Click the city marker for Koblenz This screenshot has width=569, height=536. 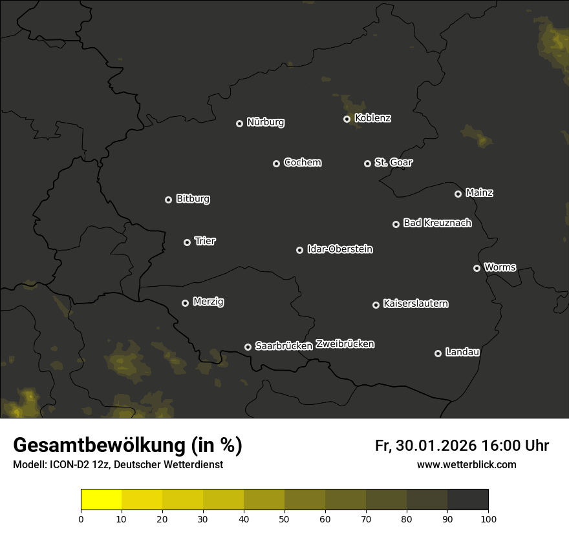[x=347, y=119]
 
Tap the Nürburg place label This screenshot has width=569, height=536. [x=265, y=122]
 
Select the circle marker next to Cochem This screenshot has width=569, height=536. [x=276, y=163]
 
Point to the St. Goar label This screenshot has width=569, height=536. [x=393, y=162]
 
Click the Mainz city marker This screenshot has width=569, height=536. [x=458, y=194]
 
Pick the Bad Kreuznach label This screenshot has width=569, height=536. [x=437, y=223]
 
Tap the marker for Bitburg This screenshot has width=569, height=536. [x=168, y=200]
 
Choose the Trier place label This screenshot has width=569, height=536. [x=205, y=241]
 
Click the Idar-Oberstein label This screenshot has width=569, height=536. [x=339, y=249]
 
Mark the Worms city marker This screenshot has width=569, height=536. [x=477, y=268]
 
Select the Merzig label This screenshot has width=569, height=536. [x=208, y=302]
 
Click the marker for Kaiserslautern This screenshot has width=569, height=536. [x=376, y=305]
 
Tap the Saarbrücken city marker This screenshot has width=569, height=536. [x=248, y=347]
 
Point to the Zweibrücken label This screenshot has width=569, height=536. [x=345, y=344]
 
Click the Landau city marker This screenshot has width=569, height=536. [x=438, y=353]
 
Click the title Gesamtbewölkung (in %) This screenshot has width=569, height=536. [x=127, y=445]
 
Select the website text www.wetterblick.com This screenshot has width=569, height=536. [x=466, y=464]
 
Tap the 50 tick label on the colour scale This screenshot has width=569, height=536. [x=284, y=519]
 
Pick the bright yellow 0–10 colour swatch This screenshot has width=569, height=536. [x=101, y=500]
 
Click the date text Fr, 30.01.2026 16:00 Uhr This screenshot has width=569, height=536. [x=462, y=446]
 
